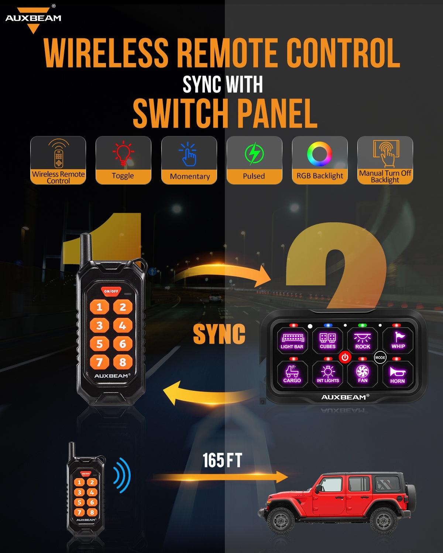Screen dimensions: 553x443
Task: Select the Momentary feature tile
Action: [x=189, y=160]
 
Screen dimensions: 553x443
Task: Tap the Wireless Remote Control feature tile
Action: [x=58, y=160]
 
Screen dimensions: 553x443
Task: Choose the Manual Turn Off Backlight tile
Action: [x=385, y=160]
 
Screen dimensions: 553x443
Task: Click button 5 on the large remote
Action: [x=99, y=344]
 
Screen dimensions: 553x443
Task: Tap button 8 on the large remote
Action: [x=123, y=362]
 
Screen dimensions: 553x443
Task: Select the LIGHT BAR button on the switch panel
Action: [x=292, y=340]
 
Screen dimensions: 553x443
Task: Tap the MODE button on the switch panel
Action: [x=380, y=357]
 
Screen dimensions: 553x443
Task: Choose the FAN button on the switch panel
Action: [x=363, y=375]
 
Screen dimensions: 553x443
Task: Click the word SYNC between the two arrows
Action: [x=219, y=334]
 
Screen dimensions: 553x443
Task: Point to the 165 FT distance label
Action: [x=222, y=460]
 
